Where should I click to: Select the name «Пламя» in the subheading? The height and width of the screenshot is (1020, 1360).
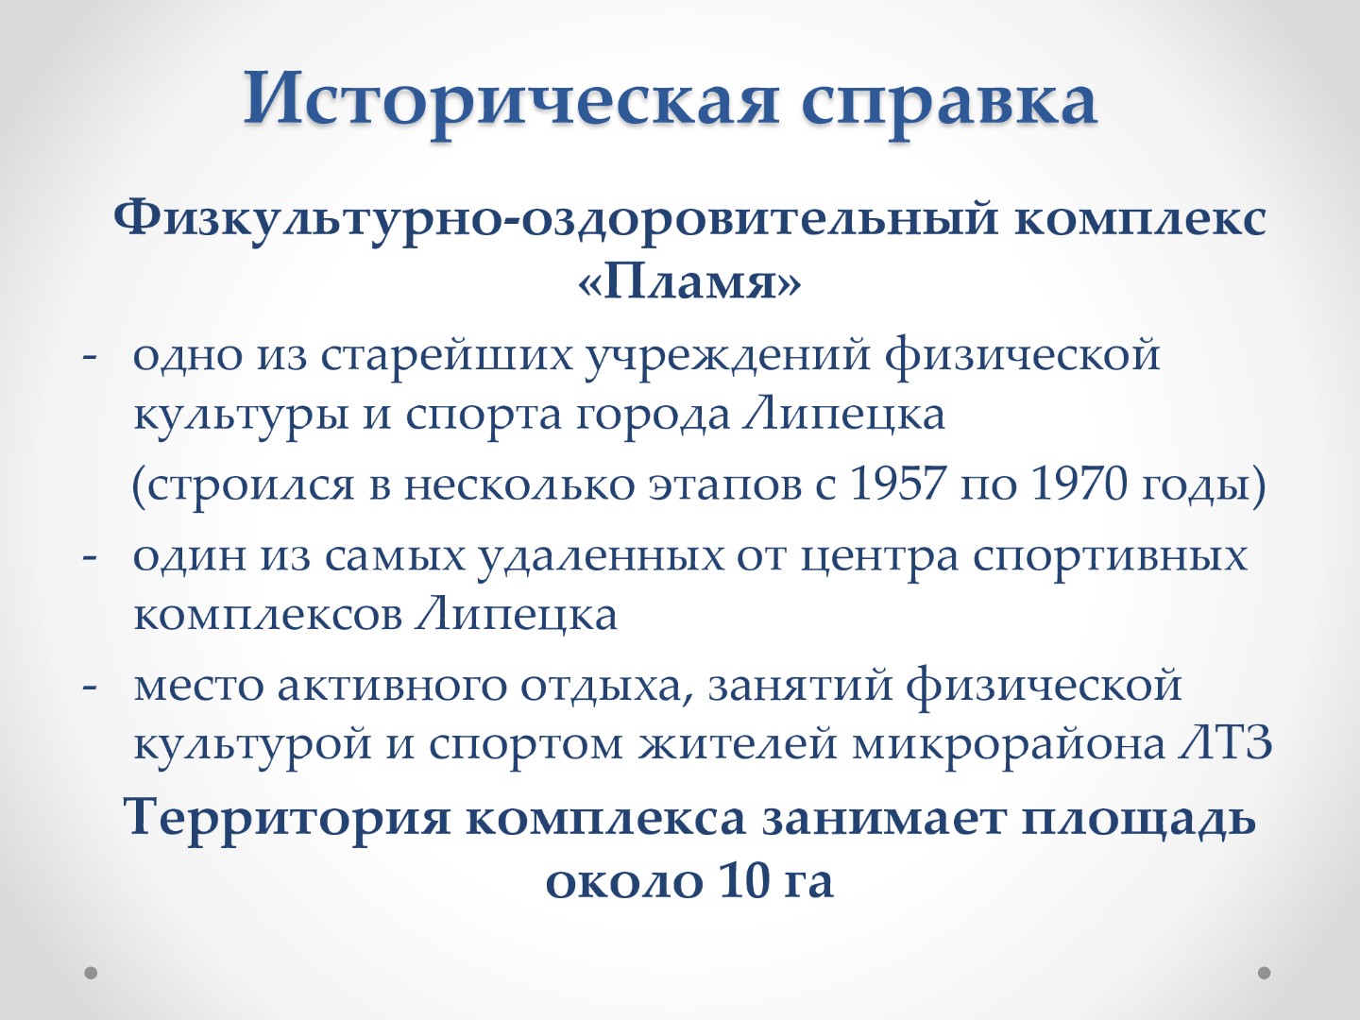(689, 282)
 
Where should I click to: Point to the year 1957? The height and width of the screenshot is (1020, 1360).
(898, 484)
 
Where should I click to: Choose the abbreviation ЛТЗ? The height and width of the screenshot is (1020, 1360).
(1224, 743)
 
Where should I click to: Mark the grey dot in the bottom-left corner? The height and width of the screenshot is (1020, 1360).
(91, 973)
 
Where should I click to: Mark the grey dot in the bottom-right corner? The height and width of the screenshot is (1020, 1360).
(1264, 973)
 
